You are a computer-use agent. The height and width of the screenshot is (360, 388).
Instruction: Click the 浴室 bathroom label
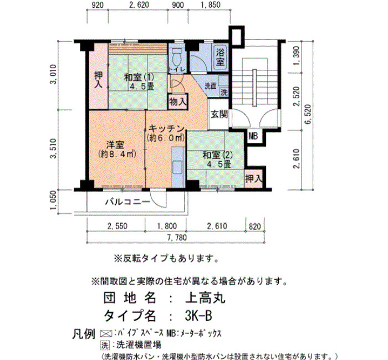point(220,57)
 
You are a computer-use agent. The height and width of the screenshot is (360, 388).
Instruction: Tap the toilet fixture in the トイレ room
point(177,56)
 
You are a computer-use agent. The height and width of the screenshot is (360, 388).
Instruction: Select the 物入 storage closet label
point(178,101)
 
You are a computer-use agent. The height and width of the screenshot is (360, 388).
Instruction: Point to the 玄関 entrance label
point(219,114)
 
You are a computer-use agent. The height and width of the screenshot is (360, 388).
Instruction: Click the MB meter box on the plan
point(253,136)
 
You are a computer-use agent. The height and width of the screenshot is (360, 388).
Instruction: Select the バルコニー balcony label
point(127,202)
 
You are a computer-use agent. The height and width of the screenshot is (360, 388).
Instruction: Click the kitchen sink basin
point(177,167)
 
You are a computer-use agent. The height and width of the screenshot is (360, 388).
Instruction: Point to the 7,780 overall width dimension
point(177,238)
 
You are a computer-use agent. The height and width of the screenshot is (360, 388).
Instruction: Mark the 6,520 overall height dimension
point(309,115)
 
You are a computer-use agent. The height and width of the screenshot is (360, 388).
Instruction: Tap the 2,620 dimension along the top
point(139,4)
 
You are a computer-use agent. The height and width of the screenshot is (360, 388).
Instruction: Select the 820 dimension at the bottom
point(255,226)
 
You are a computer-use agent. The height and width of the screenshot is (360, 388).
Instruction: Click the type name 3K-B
point(198,316)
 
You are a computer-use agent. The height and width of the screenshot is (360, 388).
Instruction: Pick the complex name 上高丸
point(206,298)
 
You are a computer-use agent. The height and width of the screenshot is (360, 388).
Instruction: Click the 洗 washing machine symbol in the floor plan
point(224,92)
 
